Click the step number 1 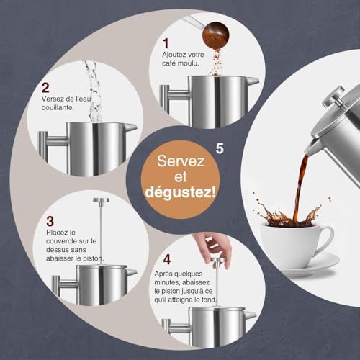[x=166, y=43]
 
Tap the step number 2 [x=45, y=88]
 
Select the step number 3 [x=50, y=221]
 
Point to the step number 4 [x=167, y=259]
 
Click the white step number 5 [x=220, y=148]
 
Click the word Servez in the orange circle [x=181, y=161]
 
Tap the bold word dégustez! [x=180, y=192]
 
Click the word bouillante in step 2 [x=58, y=107]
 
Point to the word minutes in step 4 [x=166, y=282]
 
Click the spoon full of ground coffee [x=215, y=35]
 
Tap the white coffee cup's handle [x=326, y=238]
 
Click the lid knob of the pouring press [x=334, y=96]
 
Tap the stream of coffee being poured [x=301, y=187]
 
